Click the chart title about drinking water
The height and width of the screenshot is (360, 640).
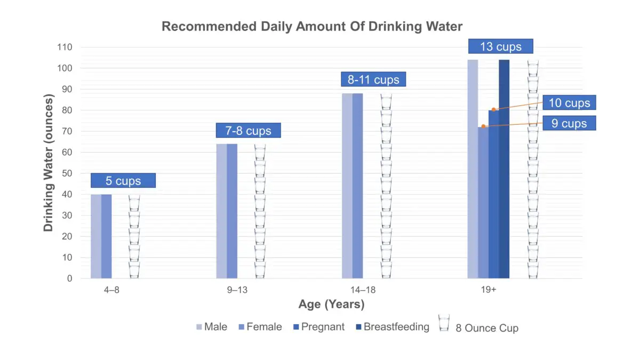click(x=312, y=26)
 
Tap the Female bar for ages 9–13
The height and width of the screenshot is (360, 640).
click(x=232, y=211)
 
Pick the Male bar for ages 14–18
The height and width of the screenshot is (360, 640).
click(x=347, y=186)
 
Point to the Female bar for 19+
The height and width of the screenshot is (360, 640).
click(x=483, y=203)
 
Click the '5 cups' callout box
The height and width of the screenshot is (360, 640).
click(x=123, y=181)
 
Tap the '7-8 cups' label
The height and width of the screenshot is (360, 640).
click(x=248, y=131)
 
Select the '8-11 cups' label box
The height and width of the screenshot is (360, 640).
click(x=373, y=80)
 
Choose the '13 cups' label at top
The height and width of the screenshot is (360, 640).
click(x=501, y=46)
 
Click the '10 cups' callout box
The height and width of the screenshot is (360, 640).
click(x=570, y=103)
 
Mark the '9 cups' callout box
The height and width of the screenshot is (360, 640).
click(x=570, y=124)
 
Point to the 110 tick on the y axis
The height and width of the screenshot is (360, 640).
click(x=65, y=47)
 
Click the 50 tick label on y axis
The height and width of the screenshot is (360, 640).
click(x=67, y=173)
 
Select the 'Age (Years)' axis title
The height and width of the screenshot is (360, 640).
click(x=331, y=305)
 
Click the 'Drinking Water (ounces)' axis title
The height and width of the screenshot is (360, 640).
click(x=49, y=163)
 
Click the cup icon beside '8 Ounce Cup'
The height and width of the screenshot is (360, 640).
click(x=444, y=323)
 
